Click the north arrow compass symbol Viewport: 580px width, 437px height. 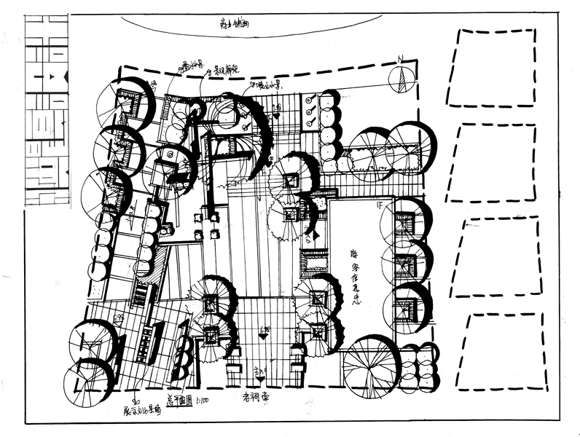click(x=400, y=79)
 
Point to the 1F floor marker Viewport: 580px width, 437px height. click(x=379, y=206)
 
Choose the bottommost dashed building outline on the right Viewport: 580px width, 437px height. click(x=506, y=351)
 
